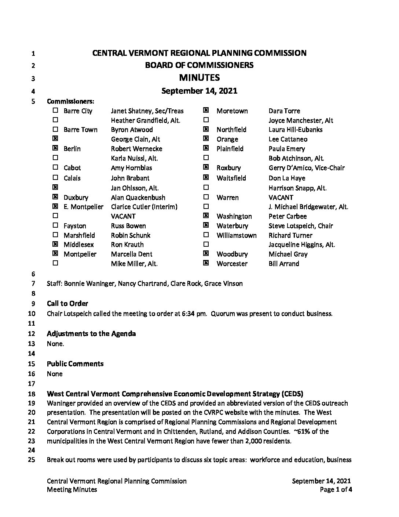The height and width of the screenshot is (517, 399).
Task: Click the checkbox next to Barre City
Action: point(55,111)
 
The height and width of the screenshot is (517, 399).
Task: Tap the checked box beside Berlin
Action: point(55,148)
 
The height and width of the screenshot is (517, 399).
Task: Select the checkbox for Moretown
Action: point(206,111)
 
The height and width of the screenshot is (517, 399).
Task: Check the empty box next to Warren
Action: point(206,197)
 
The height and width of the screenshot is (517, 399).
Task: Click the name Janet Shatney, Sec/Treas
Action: point(147,111)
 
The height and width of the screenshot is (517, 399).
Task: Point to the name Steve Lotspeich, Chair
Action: point(300,226)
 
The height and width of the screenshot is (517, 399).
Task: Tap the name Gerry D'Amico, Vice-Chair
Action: point(306,168)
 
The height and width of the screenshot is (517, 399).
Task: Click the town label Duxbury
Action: point(76,198)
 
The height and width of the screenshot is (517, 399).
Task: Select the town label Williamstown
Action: point(237,235)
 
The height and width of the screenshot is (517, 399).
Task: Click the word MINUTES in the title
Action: point(199,77)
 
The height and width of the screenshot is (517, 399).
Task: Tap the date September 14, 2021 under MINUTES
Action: point(199,91)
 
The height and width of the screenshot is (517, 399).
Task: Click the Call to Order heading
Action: point(67,304)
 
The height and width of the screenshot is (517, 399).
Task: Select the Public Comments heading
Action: point(75,364)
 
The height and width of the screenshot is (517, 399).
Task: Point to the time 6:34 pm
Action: point(194,314)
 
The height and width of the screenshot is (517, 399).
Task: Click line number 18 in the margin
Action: point(32,394)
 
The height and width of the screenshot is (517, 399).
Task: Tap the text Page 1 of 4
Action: point(336,489)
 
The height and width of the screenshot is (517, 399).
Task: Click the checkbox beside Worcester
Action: point(206,263)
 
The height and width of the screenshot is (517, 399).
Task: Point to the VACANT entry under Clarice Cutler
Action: point(123,216)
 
